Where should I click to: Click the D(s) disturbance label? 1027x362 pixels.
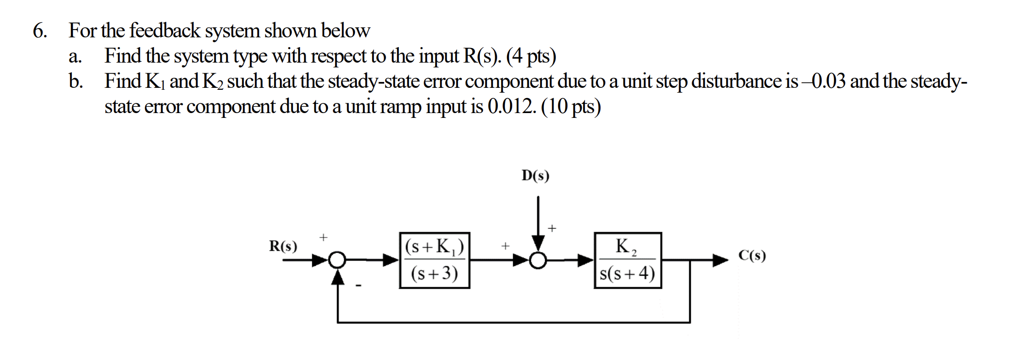pos(536,176)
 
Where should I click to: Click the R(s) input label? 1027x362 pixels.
pos(283,247)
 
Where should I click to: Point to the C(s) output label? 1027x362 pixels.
pos(752,255)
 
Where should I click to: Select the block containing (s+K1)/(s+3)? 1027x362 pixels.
pos(434,261)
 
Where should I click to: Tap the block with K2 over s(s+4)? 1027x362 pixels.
pos(628,261)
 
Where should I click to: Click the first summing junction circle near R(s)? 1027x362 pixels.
pos(338,261)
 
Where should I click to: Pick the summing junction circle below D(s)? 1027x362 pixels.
pos(538,261)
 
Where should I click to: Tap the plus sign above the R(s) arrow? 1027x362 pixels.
pos(324,237)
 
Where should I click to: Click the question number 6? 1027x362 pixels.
pos(40,31)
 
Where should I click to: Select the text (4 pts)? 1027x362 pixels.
pos(531,56)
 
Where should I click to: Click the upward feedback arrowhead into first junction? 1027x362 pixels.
pos(338,278)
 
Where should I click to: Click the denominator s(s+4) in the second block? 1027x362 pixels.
pos(628,274)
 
